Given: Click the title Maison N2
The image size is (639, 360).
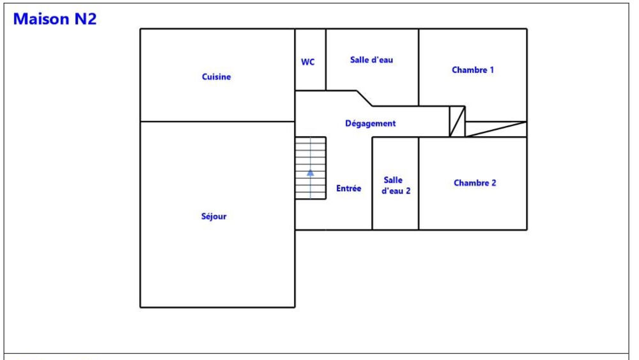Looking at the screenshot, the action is click(54, 19).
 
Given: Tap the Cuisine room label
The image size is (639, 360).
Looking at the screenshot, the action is click(217, 77).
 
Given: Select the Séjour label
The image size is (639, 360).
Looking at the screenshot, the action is click(214, 216).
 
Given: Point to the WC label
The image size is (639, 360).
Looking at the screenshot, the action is click(308, 62).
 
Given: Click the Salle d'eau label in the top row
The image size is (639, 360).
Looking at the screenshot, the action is click(372, 60).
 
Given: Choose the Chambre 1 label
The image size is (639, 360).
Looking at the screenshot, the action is click(473, 70).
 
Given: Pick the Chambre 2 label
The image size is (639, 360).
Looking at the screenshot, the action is click(475, 183).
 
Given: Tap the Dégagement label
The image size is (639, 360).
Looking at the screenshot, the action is click(371, 123).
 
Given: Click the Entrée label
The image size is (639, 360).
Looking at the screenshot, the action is click(349, 189).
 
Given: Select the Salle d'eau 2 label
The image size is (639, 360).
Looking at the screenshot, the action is click(396, 185).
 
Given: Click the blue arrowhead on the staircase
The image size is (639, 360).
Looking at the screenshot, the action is click(311, 173).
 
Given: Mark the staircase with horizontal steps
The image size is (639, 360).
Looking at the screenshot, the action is click(311, 168).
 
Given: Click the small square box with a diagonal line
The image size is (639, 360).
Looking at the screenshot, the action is click(458, 121).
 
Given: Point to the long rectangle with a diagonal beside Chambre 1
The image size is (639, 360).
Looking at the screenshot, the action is click(496, 129).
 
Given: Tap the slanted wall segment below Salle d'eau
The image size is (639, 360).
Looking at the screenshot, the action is click(364, 98).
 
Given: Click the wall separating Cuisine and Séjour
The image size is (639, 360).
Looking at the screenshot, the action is click(217, 121).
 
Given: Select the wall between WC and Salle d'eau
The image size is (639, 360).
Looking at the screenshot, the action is click(326, 59).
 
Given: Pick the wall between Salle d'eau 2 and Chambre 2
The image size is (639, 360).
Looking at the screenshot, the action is click(419, 184).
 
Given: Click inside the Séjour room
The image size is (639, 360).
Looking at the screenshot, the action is click(217, 253).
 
